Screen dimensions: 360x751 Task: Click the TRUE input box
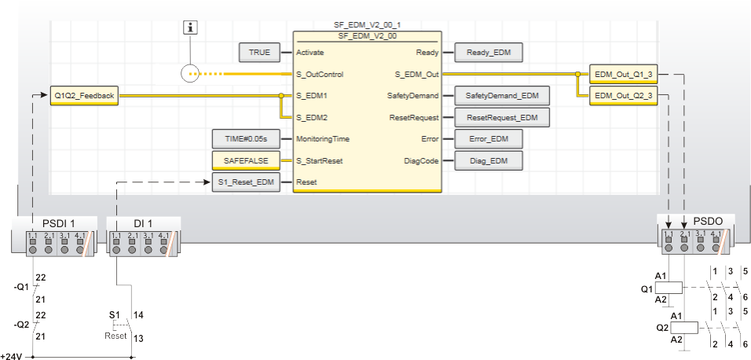click(259, 53)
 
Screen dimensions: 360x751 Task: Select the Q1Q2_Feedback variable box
click(84, 96)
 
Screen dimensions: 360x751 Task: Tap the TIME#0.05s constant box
click(247, 139)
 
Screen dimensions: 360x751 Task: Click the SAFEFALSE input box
click(247, 160)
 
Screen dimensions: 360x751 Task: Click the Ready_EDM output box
click(489, 53)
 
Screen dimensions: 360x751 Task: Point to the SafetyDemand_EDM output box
click(502, 96)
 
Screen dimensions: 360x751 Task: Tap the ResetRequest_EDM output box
click(502, 118)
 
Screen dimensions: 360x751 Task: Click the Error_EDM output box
click(489, 139)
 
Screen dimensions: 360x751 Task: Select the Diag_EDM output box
click(489, 160)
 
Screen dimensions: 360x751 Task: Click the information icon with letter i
click(189, 28)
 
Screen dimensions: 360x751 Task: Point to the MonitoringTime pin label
click(323, 139)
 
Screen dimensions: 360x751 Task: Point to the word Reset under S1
click(115, 336)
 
